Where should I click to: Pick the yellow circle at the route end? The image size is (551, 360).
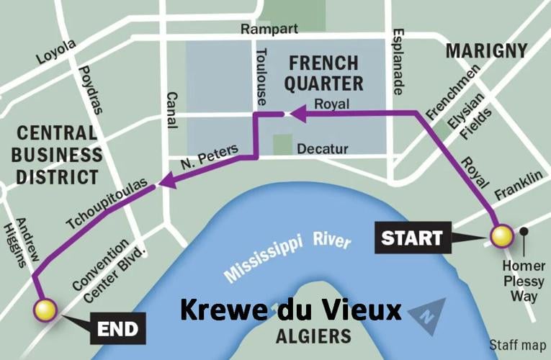(x=45, y=310)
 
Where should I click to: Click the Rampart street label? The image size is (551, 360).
(x=268, y=30)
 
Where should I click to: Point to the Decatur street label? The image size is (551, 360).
(x=321, y=149)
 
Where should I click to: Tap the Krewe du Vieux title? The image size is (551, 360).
(x=290, y=310)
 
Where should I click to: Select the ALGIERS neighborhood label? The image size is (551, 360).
(x=314, y=336)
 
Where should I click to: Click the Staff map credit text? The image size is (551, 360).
(x=516, y=344)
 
